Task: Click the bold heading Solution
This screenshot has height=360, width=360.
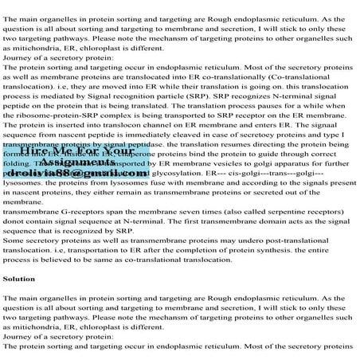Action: click(20, 280)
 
